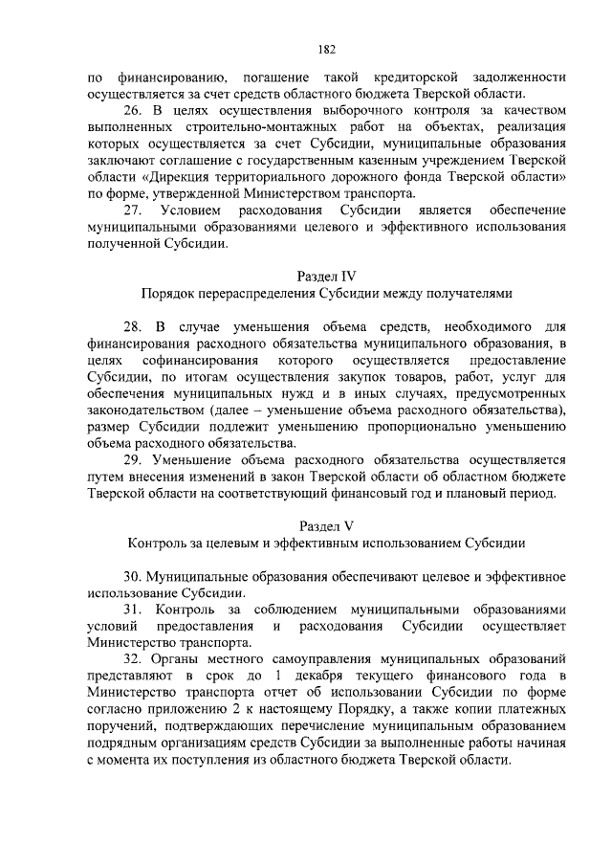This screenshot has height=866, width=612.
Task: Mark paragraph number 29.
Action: [134, 458]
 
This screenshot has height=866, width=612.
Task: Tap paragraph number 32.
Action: [134, 660]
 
